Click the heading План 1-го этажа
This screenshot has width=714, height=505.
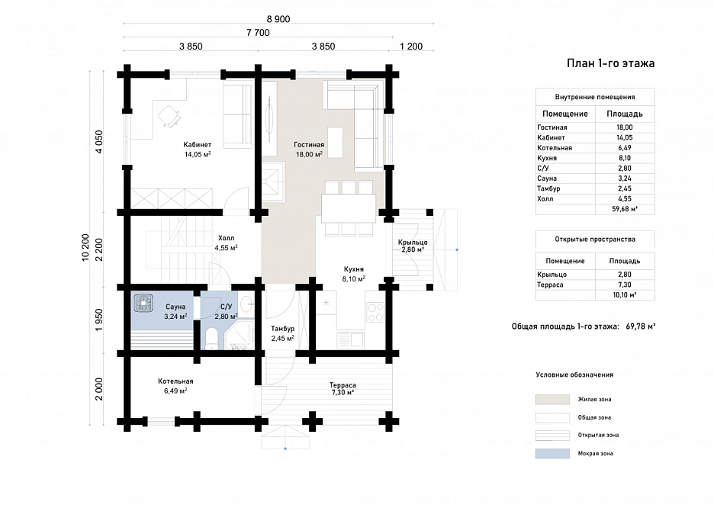(610, 63)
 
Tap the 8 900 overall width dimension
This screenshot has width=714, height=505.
(278, 19)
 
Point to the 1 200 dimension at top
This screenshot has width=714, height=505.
(411, 46)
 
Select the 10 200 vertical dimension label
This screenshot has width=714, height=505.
(85, 248)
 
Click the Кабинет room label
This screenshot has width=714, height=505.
(197, 145)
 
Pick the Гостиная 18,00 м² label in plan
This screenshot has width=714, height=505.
(309, 150)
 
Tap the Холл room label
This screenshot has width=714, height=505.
(226, 238)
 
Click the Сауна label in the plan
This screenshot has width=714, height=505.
(175, 307)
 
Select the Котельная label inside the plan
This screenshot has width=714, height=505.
(175, 381)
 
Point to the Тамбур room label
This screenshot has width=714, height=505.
(283, 328)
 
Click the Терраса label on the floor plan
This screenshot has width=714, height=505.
(343, 385)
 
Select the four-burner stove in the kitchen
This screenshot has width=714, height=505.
(375, 312)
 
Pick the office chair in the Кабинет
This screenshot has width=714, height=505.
(169, 115)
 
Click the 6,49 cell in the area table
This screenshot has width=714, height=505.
(625, 148)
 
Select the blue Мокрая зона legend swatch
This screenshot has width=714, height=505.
(552, 454)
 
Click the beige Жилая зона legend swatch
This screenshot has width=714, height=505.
(552, 400)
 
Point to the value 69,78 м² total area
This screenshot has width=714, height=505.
(641, 326)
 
